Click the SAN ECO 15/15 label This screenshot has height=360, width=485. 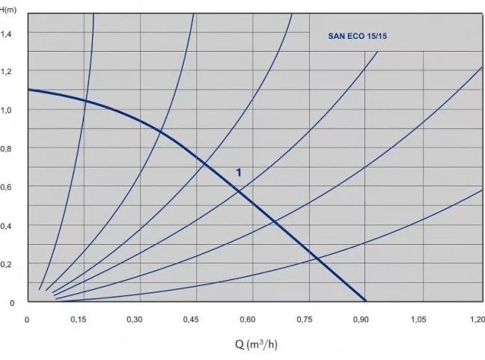click(x=362, y=35)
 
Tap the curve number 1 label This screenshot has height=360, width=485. click(x=239, y=172)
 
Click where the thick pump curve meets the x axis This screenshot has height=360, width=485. click(x=366, y=301)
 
